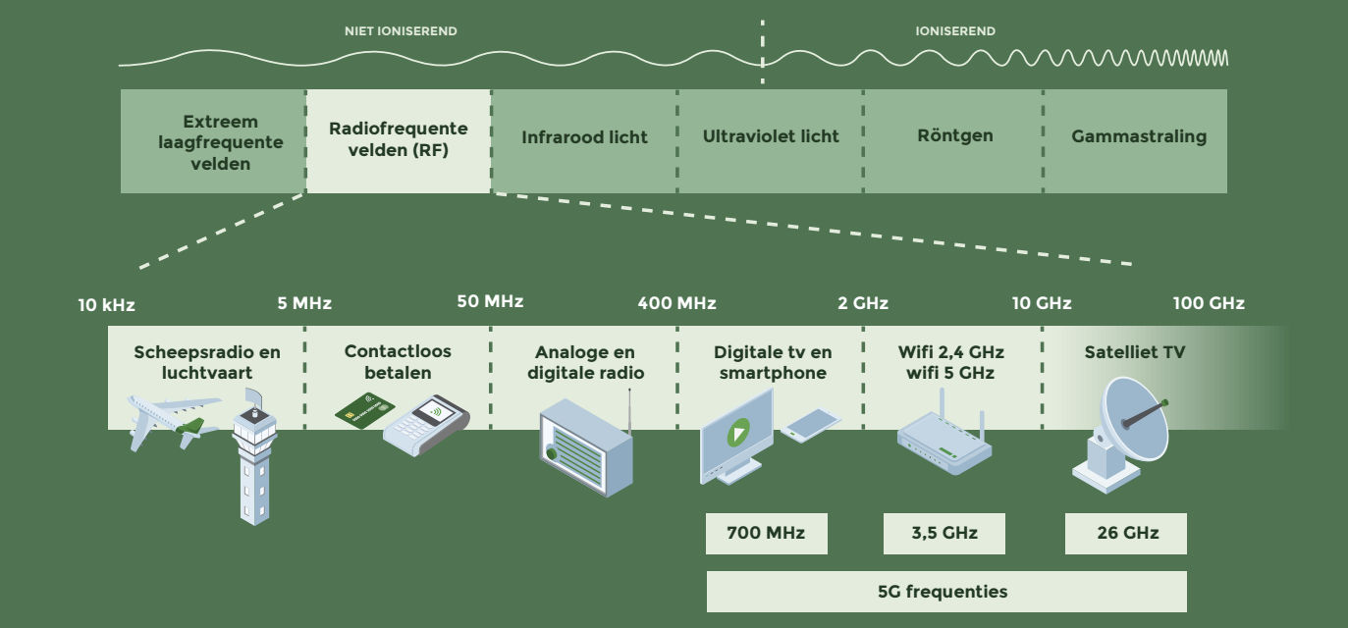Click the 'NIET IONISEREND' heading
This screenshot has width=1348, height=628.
[401, 31]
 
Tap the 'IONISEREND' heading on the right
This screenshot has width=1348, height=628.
[955, 31]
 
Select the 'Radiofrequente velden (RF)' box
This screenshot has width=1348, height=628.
[399, 141]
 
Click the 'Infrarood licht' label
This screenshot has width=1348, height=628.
[584, 137]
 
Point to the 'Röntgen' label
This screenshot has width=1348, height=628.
[955, 135]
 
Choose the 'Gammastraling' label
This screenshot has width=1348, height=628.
[1139, 136]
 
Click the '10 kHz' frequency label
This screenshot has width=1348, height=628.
[106, 305]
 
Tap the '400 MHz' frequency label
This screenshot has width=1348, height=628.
[677, 302]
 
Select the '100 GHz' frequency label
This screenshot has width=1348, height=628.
[1209, 303]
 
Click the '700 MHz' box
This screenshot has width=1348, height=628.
[766, 534]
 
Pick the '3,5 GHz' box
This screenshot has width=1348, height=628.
[944, 534]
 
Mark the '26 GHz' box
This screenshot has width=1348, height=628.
[1126, 534]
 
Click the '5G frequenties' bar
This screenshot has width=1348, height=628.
[946, 592]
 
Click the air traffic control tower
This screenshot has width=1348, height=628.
[254, 457]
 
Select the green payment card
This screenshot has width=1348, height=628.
[364, 410]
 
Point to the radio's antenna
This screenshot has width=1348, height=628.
[629, 411]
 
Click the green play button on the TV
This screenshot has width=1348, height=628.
[738, 433]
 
